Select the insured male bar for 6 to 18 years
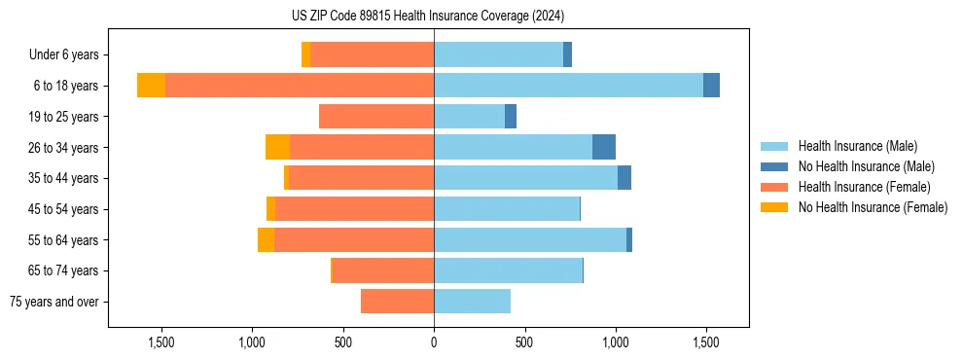click(x=568, y=86)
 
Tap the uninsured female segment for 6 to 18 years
click(x=151, y=86)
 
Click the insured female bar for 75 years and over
click(x=397, y=302)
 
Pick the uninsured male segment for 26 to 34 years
click(x=604, y=147)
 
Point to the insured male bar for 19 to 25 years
click(x=469, y=117)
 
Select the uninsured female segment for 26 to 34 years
click(x=277, y=147)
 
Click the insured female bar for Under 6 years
click(x=372, y=54)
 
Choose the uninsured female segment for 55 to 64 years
click(x=266, y=239)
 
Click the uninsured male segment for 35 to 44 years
click(x=624, y=178)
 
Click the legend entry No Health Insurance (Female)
click(x=872, y=207)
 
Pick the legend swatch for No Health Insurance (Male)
click(x=774, y=167)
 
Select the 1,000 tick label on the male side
click(x=615, y=342)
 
